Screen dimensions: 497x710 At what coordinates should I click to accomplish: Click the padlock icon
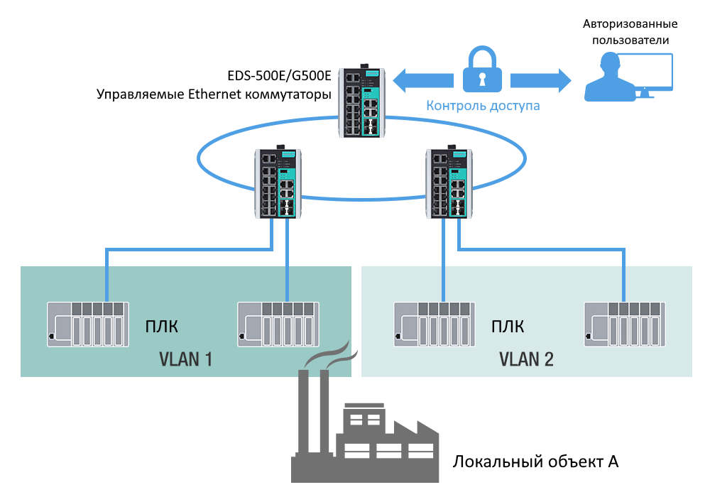[x=482, y=70]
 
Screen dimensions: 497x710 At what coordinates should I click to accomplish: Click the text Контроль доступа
[x=483, y=106]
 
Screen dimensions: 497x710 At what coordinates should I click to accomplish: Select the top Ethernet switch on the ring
[x=361, y=101]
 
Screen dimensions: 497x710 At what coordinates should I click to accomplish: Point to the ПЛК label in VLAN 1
[x=160, y=327]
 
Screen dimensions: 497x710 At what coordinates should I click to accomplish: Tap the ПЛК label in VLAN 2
[x=508, y=327]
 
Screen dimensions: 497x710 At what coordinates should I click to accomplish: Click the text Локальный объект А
[x=536, y=461]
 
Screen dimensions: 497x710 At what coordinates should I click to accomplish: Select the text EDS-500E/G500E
[x=279, y=75]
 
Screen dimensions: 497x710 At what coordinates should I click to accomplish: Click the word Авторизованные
[x=626, y=24]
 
